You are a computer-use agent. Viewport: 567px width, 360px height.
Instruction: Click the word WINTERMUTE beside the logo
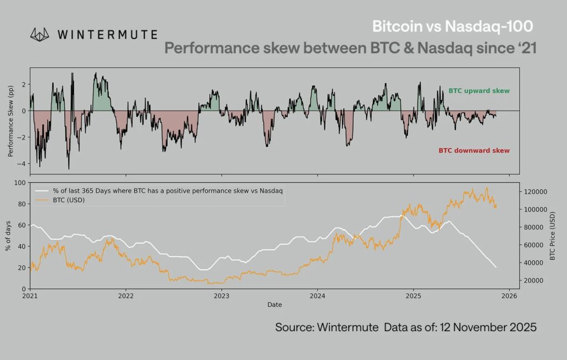pyautogui.click(x=107, y=34)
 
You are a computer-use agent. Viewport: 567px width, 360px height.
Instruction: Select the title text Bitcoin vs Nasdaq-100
pyautogui.click(x=452, y=27)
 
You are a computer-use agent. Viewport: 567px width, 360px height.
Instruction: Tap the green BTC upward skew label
pyautogui.click(x=478, y=91)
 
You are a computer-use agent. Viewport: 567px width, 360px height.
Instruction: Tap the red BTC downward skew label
pyautogui.click(x=474, y=151)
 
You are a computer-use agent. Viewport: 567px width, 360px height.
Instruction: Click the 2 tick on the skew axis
pyautogui.click(x=24, y=84)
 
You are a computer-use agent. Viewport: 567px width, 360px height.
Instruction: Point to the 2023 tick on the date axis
pyautogui.click(x=221, y=296)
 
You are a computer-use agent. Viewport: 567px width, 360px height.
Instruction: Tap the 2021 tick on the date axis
pyautogui.click(x=30, y=296)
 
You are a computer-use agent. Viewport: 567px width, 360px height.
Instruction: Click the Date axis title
pyautogui.click(x=275, y=305)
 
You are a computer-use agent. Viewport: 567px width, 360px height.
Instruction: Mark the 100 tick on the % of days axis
pyautogui.click(x=20, y=182)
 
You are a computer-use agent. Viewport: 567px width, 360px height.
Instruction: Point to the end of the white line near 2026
pyautogui.click(x=496, y=268)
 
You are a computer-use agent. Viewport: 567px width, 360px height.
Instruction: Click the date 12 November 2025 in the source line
pyautogui.click(x=488, y=327)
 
